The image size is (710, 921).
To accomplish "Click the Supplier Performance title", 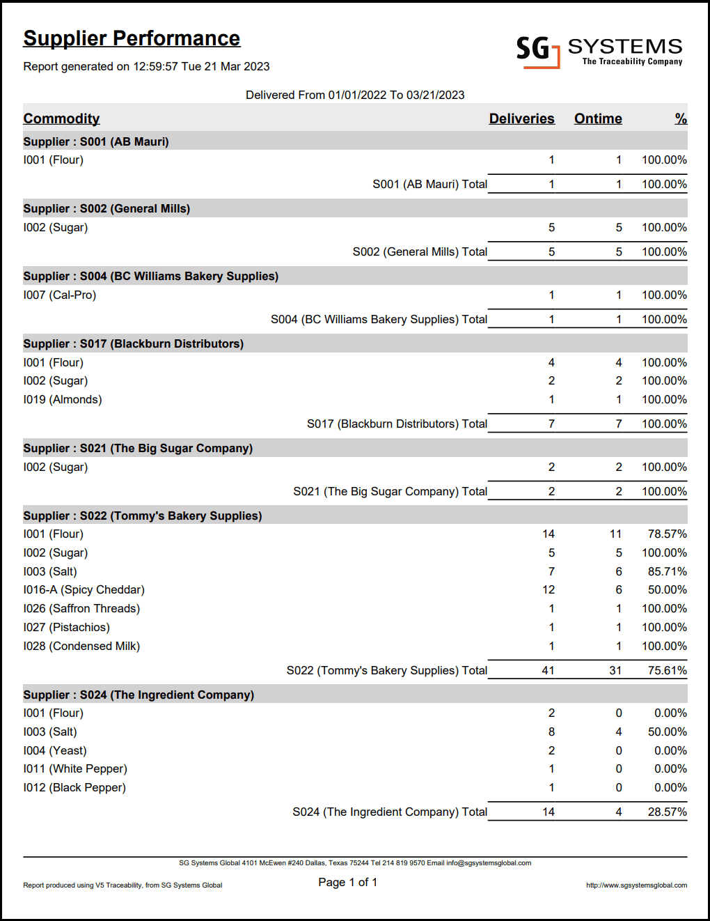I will pos(132,38).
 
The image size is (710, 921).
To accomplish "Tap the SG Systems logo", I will pos(599,51).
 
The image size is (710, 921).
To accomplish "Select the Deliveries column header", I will pos(521,118).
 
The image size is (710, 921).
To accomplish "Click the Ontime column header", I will pos(597,118).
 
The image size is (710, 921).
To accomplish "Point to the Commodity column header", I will pos(61,118).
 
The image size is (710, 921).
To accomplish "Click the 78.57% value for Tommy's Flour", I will pos(666,534).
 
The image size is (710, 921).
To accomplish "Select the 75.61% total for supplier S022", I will pos(666,670).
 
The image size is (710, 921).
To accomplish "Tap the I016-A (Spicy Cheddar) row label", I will pos(84,589).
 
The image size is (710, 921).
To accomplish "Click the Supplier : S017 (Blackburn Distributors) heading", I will pos(133,343).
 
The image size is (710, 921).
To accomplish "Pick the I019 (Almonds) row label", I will pos(62,399).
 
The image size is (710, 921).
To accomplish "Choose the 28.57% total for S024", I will pos(666,812).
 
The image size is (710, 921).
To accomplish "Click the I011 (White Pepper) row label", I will pos(74,768).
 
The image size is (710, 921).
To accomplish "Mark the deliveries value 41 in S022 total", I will pos(548,670).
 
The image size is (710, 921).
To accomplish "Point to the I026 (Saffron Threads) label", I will pos(81,608).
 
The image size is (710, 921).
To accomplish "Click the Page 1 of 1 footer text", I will pos(347,882).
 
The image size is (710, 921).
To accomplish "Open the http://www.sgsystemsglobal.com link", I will pos(636,885).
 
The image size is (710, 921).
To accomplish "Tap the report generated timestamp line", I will pos(146,66).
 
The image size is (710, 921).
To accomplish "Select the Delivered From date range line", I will pos(355,95).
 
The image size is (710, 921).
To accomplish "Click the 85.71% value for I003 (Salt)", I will pos(666,571).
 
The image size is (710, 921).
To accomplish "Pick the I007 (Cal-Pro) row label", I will pos(59,295).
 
